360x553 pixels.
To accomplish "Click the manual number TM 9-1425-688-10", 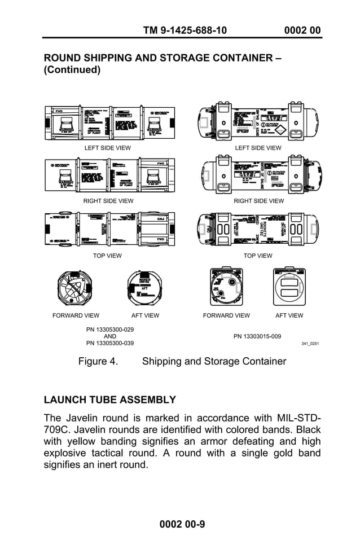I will point(185,30).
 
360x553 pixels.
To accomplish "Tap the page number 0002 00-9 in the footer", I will point(182,524).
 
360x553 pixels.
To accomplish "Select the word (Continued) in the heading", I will point(72,70).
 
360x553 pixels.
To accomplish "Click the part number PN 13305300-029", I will point(110,329).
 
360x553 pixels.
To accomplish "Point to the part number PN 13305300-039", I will point(110,343).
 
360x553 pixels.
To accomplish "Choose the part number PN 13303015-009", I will point(257,336).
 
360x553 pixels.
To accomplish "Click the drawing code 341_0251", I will point(310,343).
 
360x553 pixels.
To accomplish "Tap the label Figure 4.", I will point(98,361).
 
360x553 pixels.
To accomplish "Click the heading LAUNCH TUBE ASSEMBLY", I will point(110,400).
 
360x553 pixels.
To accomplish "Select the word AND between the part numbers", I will point(110,336).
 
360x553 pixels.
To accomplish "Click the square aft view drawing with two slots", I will point(288,288).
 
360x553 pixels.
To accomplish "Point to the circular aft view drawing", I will point(145,288).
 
